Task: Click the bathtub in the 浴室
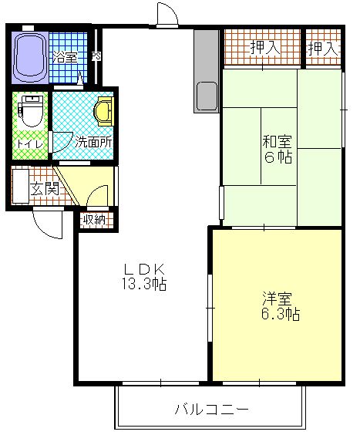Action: coord(32,56)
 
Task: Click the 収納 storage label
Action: coord(95,221)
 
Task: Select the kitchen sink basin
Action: coord(206,96)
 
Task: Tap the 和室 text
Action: coord(277,142)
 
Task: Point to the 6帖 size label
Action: coord(277,158)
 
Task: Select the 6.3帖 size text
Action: coord(277,315)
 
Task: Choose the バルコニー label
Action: coord(210,409)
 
